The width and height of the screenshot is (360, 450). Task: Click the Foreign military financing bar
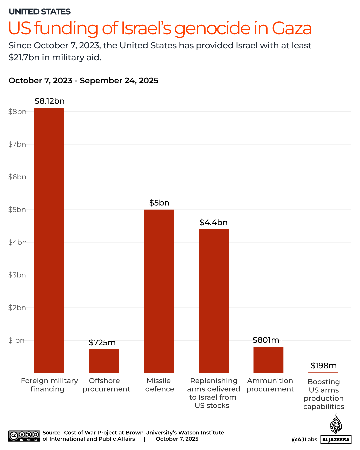coord(49,240)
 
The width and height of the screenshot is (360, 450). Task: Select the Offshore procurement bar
coord(104,361)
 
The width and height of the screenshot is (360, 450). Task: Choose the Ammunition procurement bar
coord(268,360)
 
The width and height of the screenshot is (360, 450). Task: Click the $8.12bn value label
coord(49,101)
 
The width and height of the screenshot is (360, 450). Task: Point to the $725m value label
coord(102,342)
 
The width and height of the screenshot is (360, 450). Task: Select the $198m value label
coord(323,366)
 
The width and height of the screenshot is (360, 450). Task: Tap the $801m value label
coord(266,340)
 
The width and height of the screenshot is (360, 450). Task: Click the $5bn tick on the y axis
coord(17,210)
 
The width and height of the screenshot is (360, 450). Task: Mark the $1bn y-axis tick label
coord(16,340)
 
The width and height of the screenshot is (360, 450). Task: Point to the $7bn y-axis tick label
coord(17,144)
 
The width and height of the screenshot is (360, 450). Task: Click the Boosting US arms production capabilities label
coord(324,394)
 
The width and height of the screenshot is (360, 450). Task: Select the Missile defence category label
coord(159,385)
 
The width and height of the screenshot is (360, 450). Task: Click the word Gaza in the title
coord(292,28)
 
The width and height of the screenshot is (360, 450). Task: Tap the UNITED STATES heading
coord(40,12)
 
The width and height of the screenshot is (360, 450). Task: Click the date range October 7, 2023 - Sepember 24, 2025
coord(83,81)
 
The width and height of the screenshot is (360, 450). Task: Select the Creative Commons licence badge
coord(24,436)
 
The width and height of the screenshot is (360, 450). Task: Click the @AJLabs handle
coord(304,440)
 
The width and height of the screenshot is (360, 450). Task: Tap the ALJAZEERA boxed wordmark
coord(336,440)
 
